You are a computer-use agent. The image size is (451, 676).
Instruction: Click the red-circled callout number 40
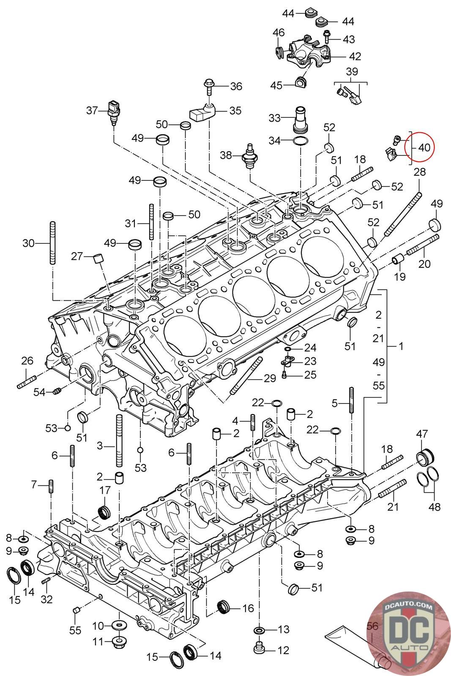coord(424,147)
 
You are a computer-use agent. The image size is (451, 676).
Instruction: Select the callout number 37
coord(92,110)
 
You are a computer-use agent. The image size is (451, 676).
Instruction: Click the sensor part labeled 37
coord(114,112)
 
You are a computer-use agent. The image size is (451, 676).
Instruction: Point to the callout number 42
coord(355,57)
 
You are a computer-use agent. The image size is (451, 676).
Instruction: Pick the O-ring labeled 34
coord(301,141)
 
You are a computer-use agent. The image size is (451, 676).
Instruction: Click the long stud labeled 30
coord(52,243)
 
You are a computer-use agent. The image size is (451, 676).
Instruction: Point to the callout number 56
coord(372,626)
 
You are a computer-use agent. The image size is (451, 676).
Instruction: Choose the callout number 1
coord(401,346)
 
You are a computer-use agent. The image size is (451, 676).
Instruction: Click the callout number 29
coord(270,378)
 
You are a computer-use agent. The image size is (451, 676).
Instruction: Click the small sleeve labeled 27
coord(98,258)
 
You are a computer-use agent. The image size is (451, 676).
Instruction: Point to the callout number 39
coord(352,71)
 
